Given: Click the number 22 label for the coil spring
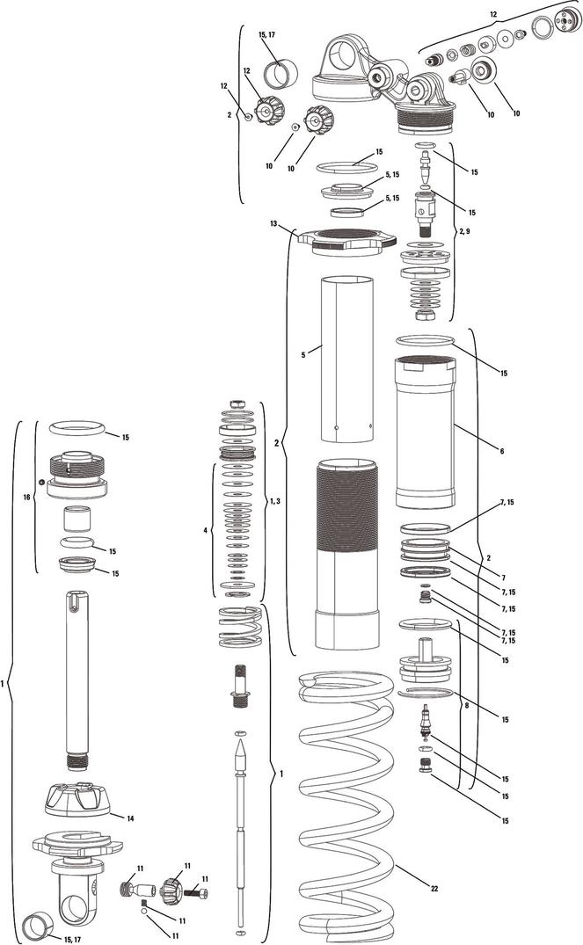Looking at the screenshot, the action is [434, 888].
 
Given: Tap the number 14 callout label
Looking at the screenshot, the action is [130, 818].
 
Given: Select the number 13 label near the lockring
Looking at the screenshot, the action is [273, 223].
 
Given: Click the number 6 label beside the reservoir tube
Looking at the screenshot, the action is [501, 450].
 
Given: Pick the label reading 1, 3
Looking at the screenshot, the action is [274, 501].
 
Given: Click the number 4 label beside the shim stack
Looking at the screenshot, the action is [206, 530].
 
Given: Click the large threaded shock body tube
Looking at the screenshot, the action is [347, 554].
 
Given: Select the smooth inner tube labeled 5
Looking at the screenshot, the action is [346, 359].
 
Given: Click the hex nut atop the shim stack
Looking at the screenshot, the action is [237, 403].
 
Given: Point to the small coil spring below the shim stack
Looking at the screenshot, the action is [240, 627].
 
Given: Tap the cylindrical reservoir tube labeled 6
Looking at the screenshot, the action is [426, 433].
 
